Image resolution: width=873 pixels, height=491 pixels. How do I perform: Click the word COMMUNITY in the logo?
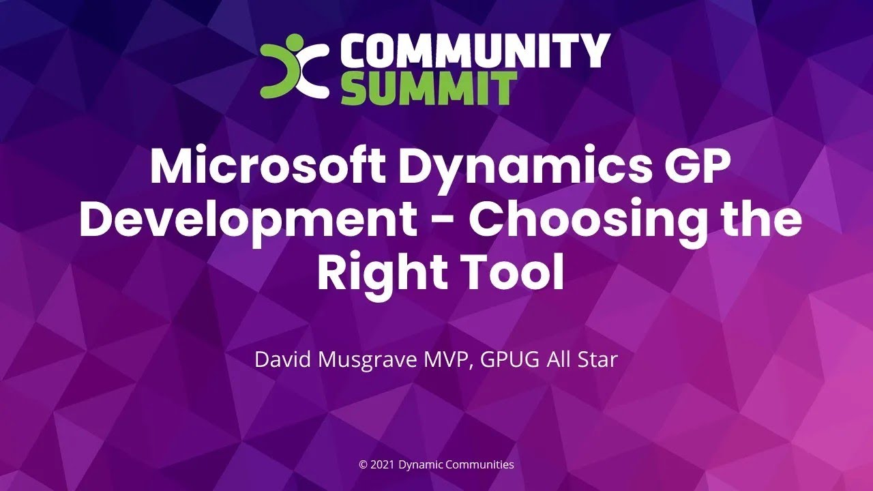tap(475, 51)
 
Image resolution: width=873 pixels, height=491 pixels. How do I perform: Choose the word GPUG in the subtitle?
tap(510, 359)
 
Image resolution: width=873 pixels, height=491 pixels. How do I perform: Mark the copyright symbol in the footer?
tap(363, 465)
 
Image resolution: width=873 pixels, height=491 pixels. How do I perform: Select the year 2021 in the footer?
tap(381, 465)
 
